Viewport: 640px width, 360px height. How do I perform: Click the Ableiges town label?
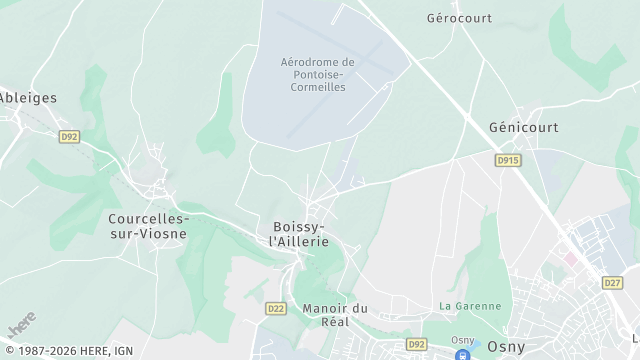pos(29,98)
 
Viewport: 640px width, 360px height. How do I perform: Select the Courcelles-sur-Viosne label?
pos(148,225)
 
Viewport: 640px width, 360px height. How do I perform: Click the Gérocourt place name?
pos(460,18)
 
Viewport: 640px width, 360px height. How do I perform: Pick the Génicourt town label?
pos(523,128)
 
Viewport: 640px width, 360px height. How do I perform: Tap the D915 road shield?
pos(508,159)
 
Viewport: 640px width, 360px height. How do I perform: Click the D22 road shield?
pos(278,308)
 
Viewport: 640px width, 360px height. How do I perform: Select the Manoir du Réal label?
pos(335,316)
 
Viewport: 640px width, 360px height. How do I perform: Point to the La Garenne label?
pos(463,305)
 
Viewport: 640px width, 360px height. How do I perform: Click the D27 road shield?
pos(612,282)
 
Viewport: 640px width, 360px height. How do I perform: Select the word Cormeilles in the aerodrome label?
pos(317,88)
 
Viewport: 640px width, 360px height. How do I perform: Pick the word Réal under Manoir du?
pos(335,323)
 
